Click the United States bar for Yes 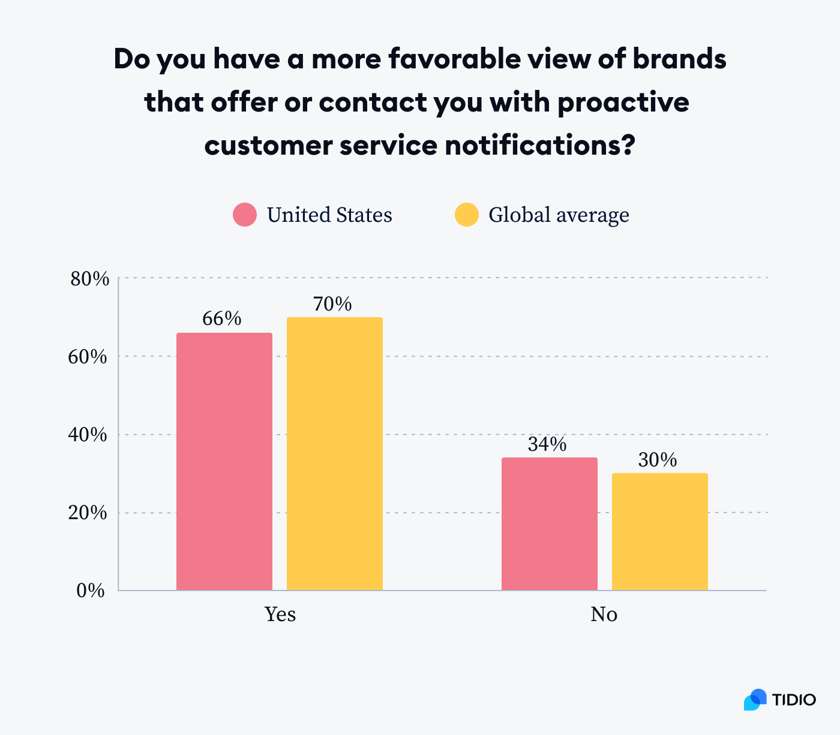[x=224, y=462]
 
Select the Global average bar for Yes [x=334, y=454]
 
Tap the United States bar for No [x=549, y=524]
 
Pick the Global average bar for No [x=659, y=532]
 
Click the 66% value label [x=221, y=319]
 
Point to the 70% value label [x=332, y=305]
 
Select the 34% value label [x=547, y=444]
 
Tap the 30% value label [x=657, y=460]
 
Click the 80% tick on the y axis [x=89, y=279]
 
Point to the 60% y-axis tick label [x=89, y=357]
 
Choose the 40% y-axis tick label [x=89, y=435]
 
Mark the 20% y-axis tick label [x=89, y=513]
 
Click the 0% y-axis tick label [x=91, y=591]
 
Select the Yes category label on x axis [x=280, y=614]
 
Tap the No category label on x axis [x=604, y=614]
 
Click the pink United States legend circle [x=245, y=215]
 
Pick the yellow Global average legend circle [x=466, y=215]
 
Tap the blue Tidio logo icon [x=755, y=700]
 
